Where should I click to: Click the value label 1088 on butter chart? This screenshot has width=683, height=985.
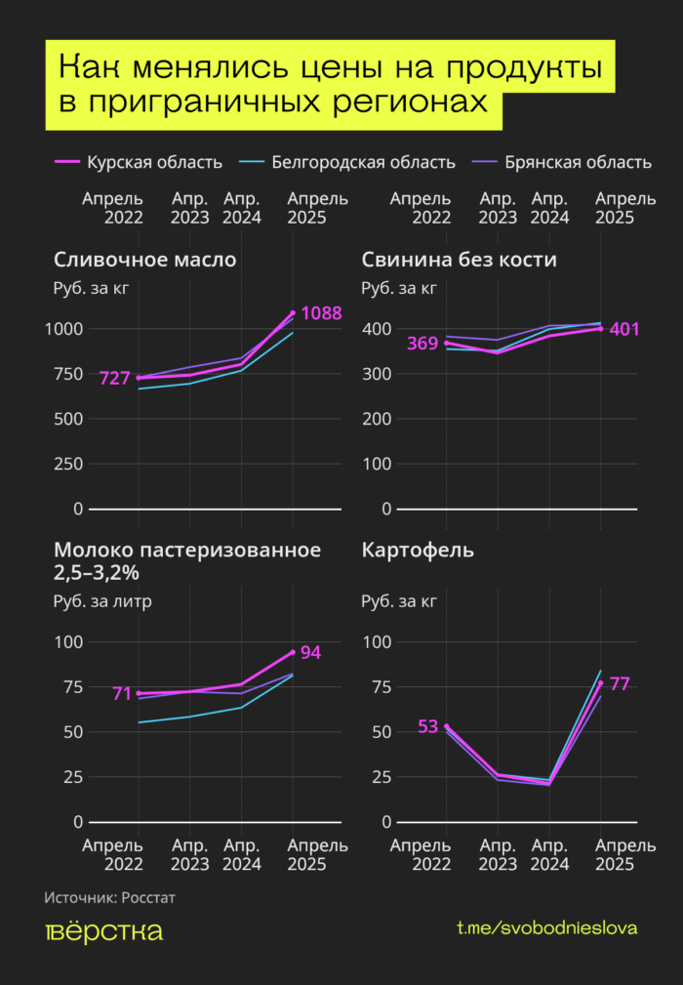point(321,313)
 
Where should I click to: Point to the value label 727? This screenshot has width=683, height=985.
point(114,378)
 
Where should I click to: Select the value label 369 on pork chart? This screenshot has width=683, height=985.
point(422,344)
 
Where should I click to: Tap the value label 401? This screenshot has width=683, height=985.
point(624,329)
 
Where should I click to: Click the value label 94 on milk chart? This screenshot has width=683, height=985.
point(310,652)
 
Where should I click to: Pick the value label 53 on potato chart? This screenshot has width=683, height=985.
point(427,726)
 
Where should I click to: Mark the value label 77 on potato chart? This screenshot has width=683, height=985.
point(620,683)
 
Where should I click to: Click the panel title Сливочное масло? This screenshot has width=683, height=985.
point(144,260)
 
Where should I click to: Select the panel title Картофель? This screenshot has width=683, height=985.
point(418,550)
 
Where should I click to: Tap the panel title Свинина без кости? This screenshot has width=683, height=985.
point(459,260)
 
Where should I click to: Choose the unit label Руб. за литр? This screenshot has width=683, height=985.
point(102,600)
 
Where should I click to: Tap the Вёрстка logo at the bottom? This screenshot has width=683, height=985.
point(103,931)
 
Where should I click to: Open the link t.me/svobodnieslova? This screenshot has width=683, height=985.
point(546,928)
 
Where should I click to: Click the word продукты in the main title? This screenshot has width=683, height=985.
point(517,70)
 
